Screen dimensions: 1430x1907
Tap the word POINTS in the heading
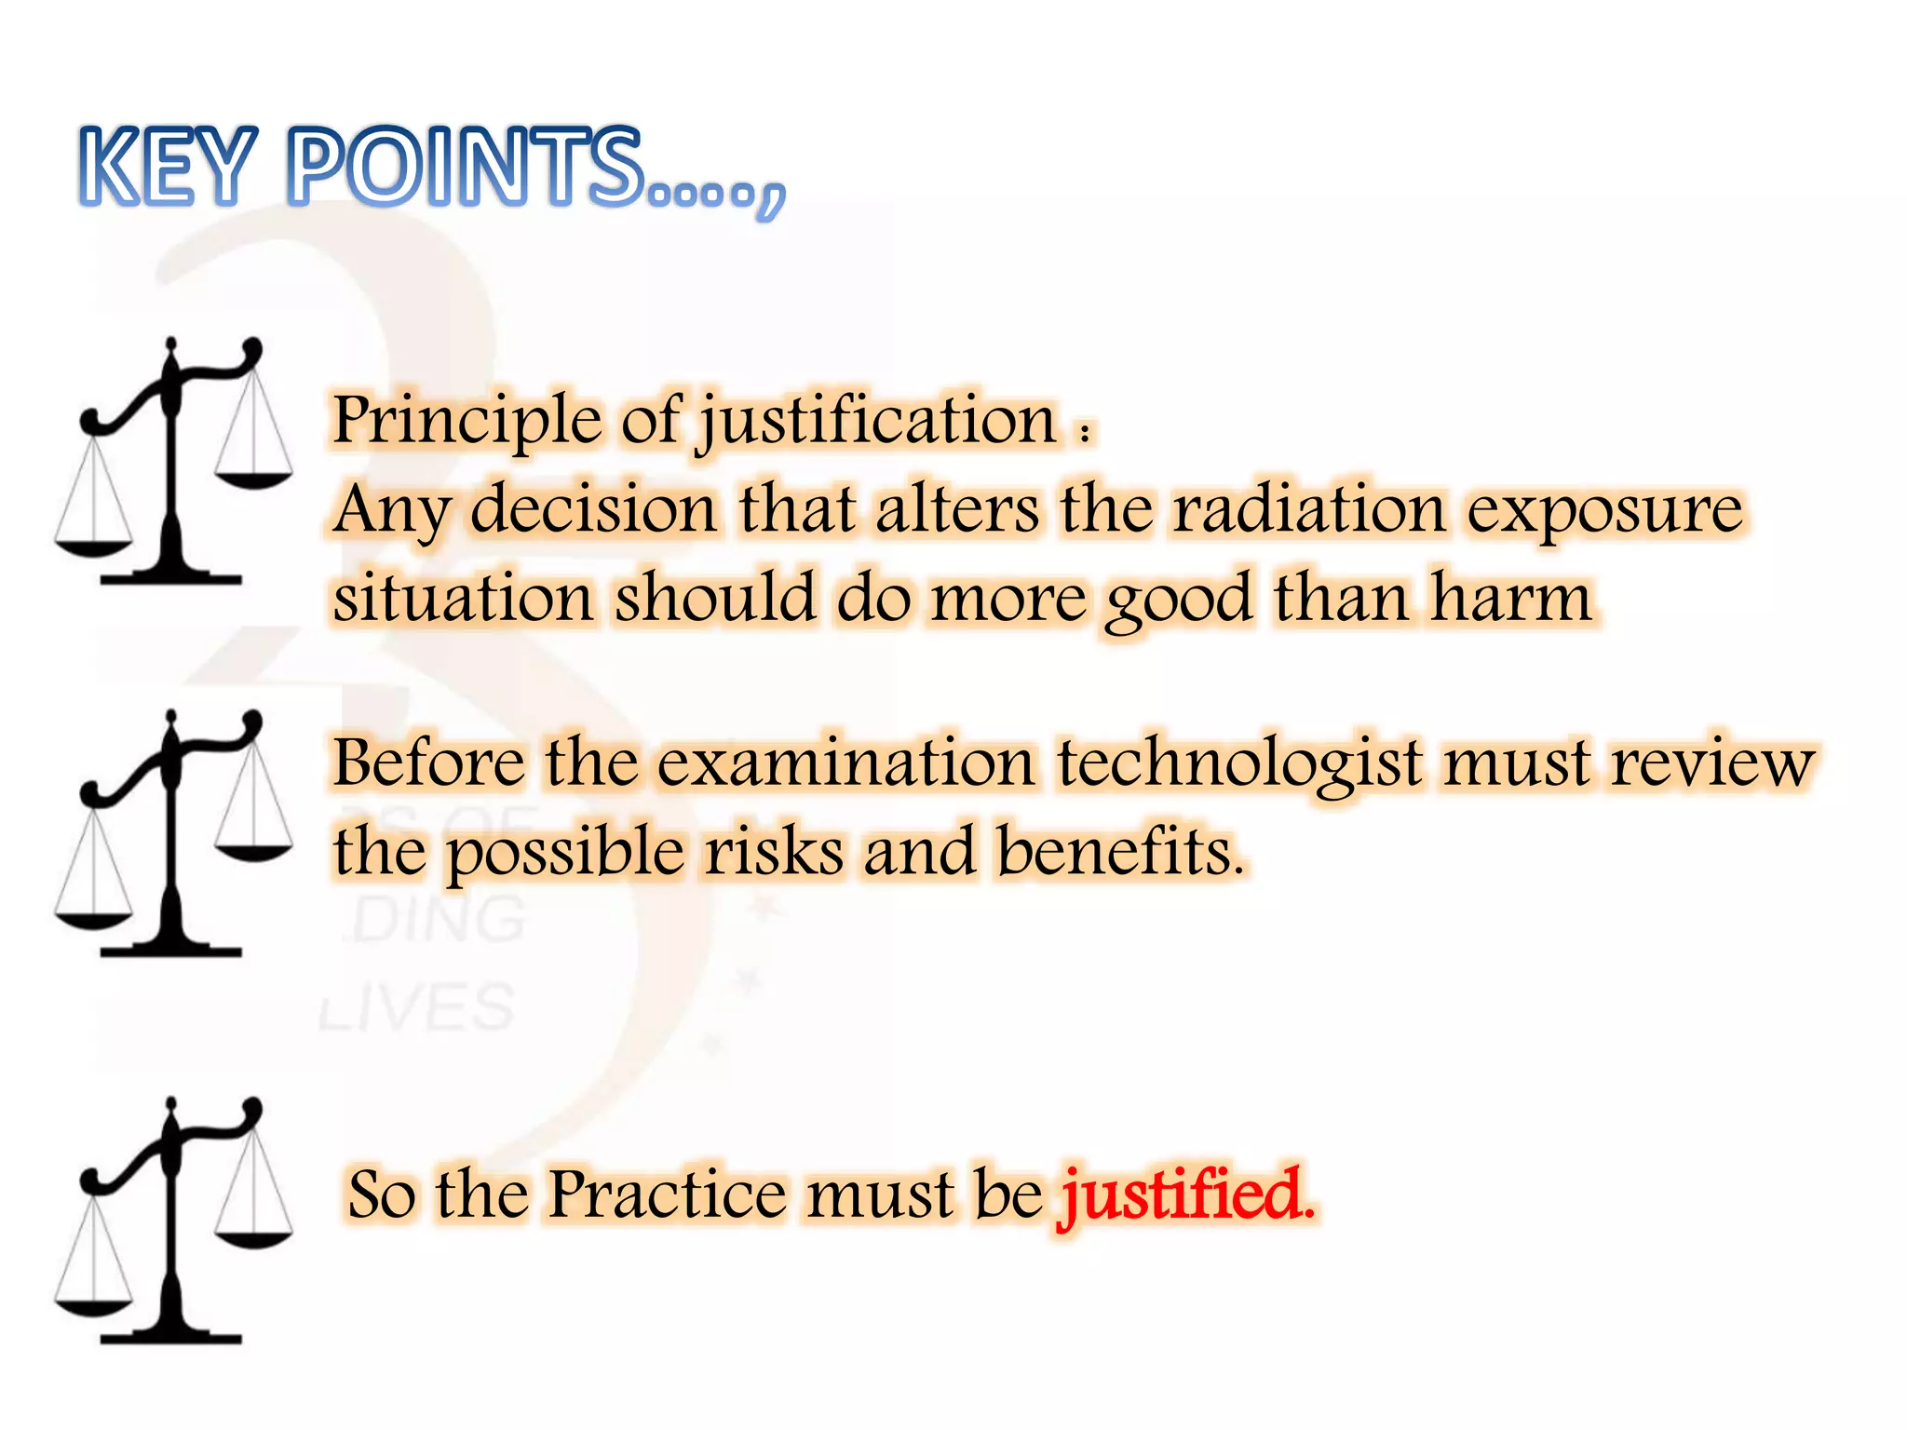[466, 168]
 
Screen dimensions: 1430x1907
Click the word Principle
[467, 420]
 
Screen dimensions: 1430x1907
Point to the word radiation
[1308, 509]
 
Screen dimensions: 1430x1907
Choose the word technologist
[1239, 763]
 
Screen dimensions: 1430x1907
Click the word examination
[846, 762]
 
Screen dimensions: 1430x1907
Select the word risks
[773, 851]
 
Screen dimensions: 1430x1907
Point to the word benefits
[1119, 851]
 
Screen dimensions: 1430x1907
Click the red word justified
[1187, 1195]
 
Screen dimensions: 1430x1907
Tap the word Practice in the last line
[667, 1194]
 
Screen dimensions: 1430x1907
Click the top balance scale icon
[173, 462]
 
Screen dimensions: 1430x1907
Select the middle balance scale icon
[173, 834]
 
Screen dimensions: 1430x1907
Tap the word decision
[593, 509]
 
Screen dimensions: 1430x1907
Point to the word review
[1712, 763]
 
